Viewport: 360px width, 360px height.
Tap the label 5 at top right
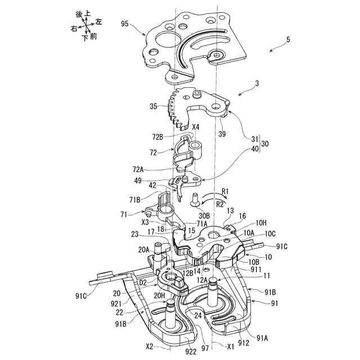[288, 40]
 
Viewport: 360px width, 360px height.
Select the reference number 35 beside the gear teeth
[154, 105]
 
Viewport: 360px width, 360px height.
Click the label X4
[195, 127]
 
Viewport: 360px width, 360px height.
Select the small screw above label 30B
[194, 197]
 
